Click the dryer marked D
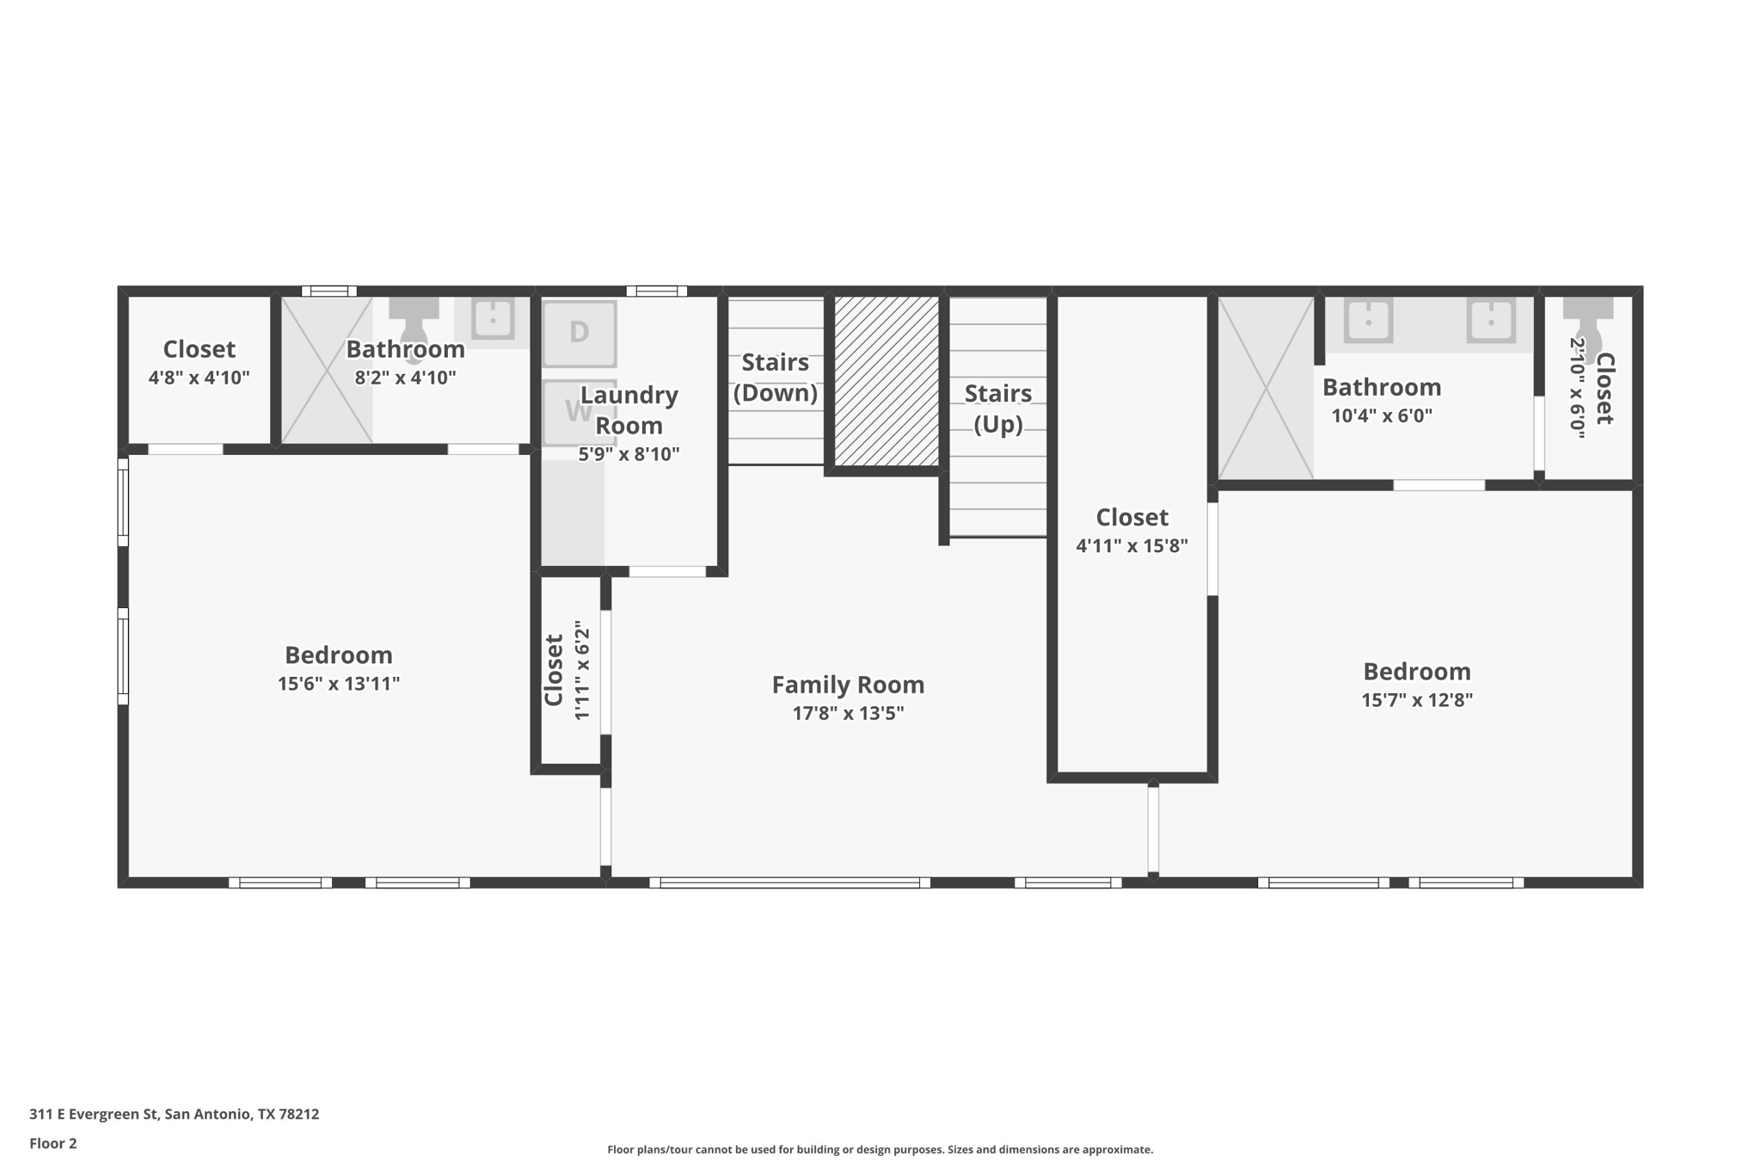(579, 333)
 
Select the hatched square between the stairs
(887, 381)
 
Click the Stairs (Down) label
(776, 378)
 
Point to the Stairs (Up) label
(997, 409)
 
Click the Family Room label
(848, 685)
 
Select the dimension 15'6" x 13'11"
(338, 684)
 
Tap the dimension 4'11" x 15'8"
(1132, 545)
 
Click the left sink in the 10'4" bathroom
(1368, 321)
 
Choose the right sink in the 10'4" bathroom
(1491, 321)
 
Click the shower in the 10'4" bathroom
(1266, 389)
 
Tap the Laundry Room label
(629, 409)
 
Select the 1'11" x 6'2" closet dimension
(582, 670)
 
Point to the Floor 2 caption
(53, 1143)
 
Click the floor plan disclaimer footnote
(880, 1149)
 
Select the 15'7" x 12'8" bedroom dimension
(1416, 700)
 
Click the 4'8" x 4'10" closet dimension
(199, 378)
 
